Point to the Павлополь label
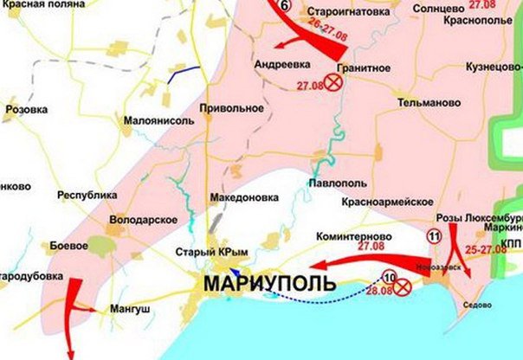335,183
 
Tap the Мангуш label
130,307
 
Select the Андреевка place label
282,64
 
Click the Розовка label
28,110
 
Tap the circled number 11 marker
433,235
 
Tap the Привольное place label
231,108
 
